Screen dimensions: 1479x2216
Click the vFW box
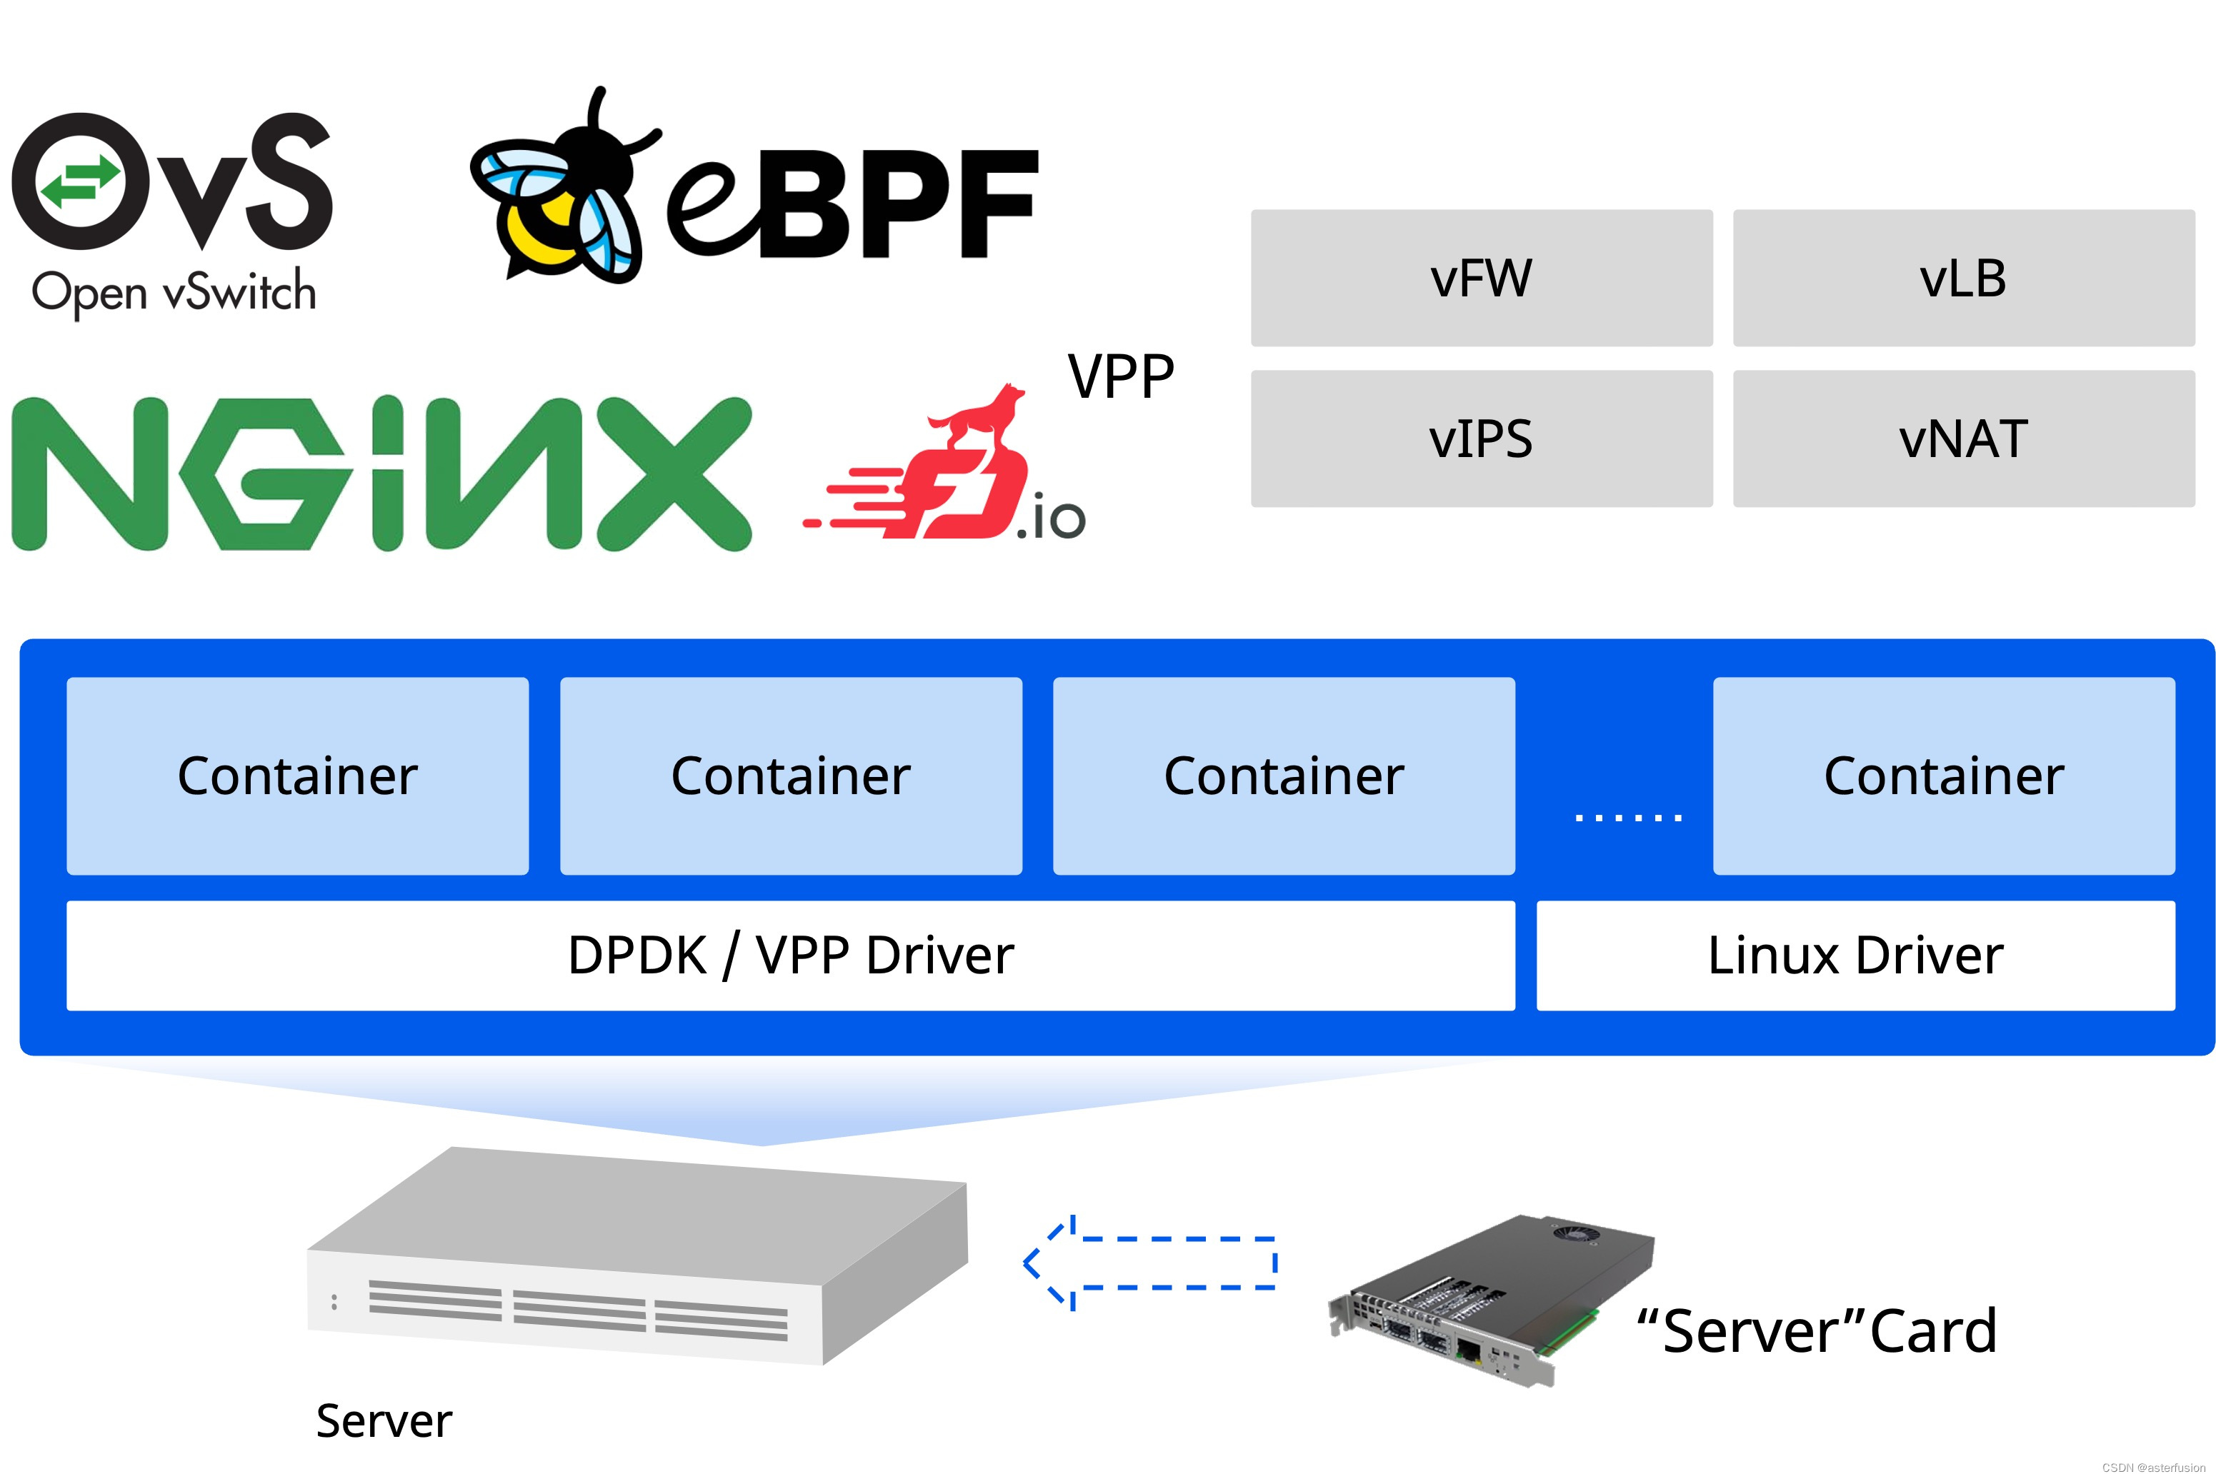(x=1481, y=279)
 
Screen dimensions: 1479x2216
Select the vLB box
(x=1963, y=279)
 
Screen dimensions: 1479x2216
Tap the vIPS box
(x=1481, y=438)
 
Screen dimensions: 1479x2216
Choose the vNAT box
(x=1963, y=438)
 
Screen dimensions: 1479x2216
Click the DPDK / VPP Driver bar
(x=791, y=956)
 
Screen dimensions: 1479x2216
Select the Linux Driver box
(x=1855, y=956)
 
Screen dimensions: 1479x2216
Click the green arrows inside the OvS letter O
(x=79, y=181)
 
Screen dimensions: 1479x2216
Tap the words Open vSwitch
(x=174, y=291)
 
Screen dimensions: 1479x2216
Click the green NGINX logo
(x=381, y=473)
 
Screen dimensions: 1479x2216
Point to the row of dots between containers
(x=1628, y=817)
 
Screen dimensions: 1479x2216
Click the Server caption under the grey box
(x=384, y=1420)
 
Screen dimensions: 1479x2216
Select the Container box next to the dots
(x=1943, y=776)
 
